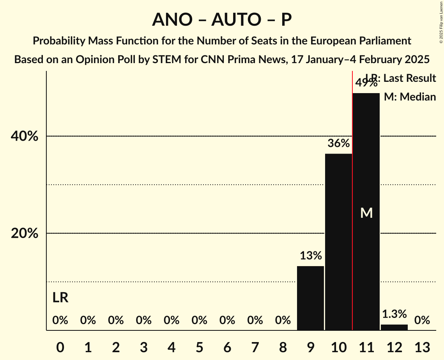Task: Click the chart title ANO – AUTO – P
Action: click(222, 19)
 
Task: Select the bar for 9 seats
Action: click(310, 298)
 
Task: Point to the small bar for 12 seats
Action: click(394, 327)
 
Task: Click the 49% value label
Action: click(366, 83)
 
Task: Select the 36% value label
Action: click(338, 143)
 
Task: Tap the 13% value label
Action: click(311, 256)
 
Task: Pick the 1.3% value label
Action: click(394, 314)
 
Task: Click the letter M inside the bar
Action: click(366, 213)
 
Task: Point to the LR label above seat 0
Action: click(60, 298)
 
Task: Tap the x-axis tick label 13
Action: click(422, 346)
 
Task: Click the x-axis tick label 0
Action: click(60, 346)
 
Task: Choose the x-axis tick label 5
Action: click(199, 346)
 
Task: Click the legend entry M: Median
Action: click(410, 97)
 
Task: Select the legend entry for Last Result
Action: click(405, 78)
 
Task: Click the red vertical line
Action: click(352, 234)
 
